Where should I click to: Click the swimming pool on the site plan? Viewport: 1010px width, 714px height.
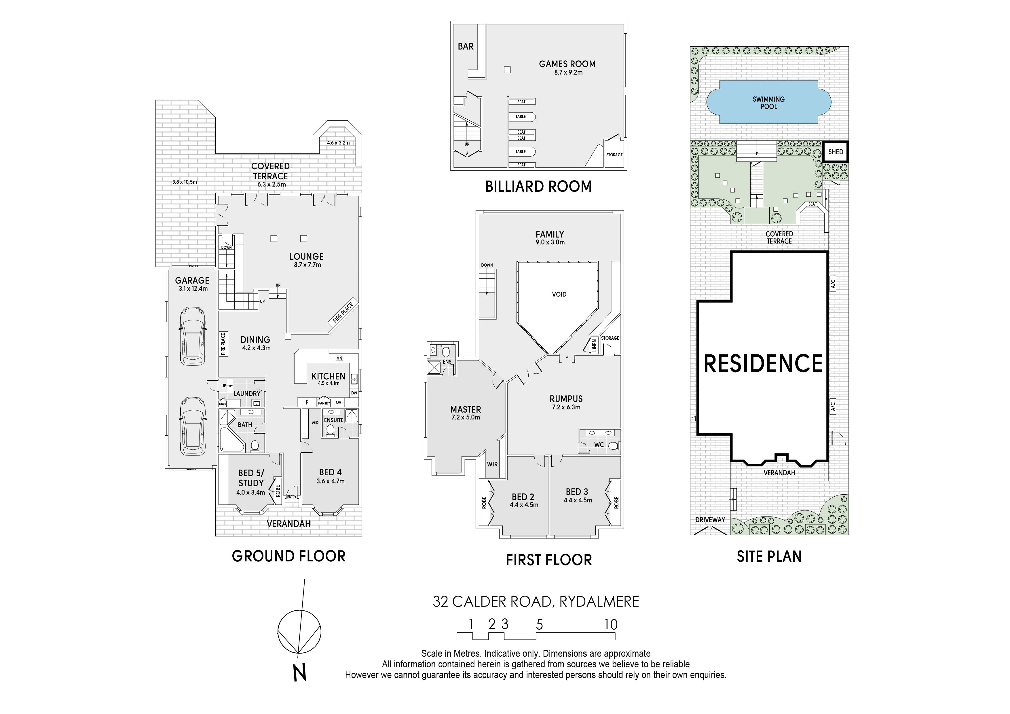[x=768, y=102]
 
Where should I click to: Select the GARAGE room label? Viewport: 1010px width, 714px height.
[x=192, y=280]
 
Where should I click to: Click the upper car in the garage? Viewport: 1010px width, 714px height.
[x=193, y=336]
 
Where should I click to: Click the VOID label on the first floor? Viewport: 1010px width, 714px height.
[x=559, y=294]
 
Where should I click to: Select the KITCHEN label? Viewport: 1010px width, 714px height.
[x=328, y=376]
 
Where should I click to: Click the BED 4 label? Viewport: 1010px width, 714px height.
[x=330, y=472]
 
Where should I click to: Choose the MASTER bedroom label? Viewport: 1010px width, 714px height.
[x=465, y=409]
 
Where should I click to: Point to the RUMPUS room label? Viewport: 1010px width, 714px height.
[x=566, y=398]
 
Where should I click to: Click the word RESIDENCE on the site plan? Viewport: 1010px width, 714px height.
[x=763, y=363]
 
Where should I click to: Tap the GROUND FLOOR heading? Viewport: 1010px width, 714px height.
[x=288, y=556]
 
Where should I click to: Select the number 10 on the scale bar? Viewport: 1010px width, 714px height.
[x=611, y=624]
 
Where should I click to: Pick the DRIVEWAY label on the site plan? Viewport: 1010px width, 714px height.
[x=710, y=520]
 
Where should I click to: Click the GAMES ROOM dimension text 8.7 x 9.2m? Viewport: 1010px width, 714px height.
[x=568, y=73]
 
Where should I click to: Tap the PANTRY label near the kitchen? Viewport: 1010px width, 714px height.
[x=324, y=403]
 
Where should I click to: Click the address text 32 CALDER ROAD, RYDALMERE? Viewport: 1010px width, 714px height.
[x=536, y=601]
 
